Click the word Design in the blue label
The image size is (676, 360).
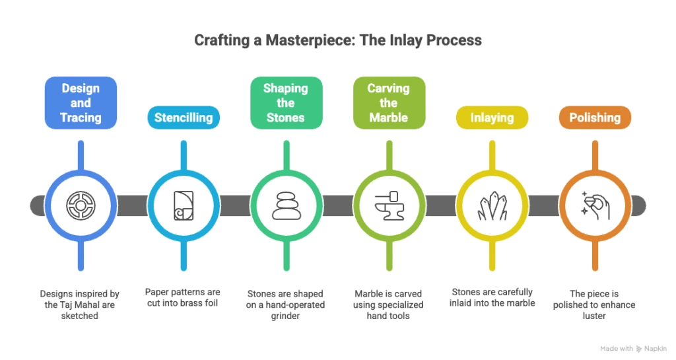click(x=81, y=89)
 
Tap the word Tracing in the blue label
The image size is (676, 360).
click(x=81, y=118)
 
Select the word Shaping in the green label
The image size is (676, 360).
click(x=285, y=89)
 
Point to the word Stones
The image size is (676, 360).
click(x=285, y=118)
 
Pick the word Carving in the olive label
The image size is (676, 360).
click(x=388, y=89)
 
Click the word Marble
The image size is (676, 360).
click(x=388, y=118)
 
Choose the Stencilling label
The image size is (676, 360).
click(x=184, y=118)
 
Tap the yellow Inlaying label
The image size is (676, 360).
click(x=492, y=118)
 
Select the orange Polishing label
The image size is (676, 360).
click(x=595, y=118)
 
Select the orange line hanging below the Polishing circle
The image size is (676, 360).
click(x=595, y=258)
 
